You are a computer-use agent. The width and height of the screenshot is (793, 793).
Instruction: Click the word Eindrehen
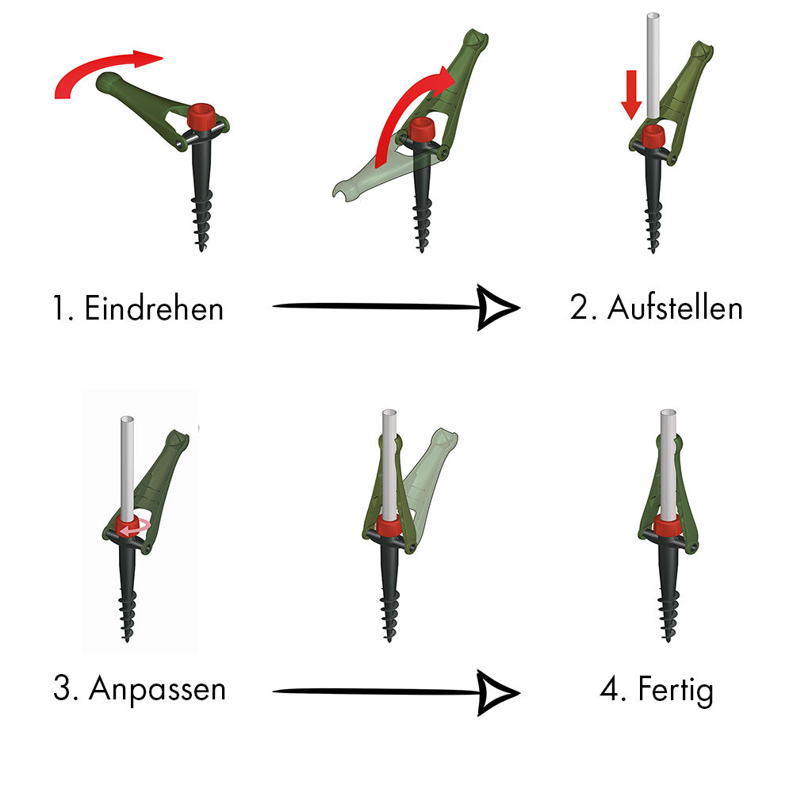tap(154, 308)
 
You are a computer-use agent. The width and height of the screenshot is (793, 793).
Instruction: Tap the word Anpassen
tap(157, 688)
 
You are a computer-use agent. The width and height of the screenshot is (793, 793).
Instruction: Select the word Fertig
tap(676, 689)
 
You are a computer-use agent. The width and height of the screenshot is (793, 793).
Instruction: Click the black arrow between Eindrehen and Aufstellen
tap(396, 306)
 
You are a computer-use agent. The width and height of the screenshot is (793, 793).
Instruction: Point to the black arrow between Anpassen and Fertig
tap(396, 691)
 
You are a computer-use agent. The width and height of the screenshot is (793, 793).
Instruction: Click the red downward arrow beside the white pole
tap(630, 94)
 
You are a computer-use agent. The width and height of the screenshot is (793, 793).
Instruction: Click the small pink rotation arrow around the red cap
tap(133, 528)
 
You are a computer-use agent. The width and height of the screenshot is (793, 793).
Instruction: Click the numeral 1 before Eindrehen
tap(58, 308)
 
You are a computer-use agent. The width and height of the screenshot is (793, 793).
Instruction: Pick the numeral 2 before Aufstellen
tap(577, 307)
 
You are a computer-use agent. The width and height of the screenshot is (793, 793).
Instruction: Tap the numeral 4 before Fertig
tap(609, 688)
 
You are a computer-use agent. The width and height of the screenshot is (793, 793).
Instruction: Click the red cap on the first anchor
tap(201, 117)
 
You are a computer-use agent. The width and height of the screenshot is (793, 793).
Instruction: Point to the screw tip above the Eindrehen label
tap(201, 247)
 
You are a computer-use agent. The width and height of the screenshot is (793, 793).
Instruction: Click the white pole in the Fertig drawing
tap(668, 465)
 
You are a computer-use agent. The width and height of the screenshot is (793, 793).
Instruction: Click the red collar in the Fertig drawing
tap(668, 526)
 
